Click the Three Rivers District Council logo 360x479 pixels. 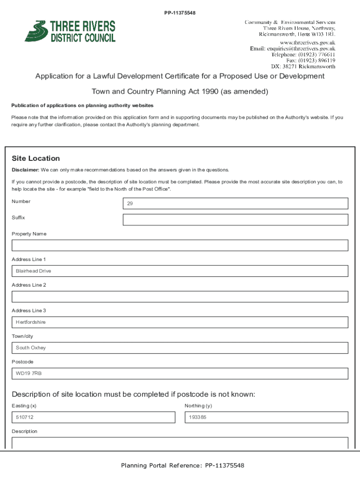[x=70, y=31]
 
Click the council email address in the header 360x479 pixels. [x=292, y=48]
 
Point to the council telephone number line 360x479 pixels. [x=303, y=54]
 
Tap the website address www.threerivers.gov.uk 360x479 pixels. [x=307, y=42]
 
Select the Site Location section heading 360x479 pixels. [x=36, y=159]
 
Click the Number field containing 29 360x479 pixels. [x=235, y=203]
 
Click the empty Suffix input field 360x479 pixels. [x=235, y=220]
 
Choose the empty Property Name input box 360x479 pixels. [x=180, y=246]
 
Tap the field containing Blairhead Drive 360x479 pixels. [x=180, y=271]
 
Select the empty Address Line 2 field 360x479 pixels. [x=180, y=297]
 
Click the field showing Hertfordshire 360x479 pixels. [x=180, y=322]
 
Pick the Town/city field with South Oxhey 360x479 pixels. [x=180, y=348]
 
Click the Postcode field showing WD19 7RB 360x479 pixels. [x=180, y=374]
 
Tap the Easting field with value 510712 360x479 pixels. [x=93, y=417]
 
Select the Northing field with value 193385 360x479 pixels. [x=266, y=417]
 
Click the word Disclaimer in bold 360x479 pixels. [x=25, y=170]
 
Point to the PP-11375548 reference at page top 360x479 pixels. [x=180, y=13]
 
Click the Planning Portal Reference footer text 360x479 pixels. [x=182, y=465]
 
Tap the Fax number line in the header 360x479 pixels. [x=310, y=60]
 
